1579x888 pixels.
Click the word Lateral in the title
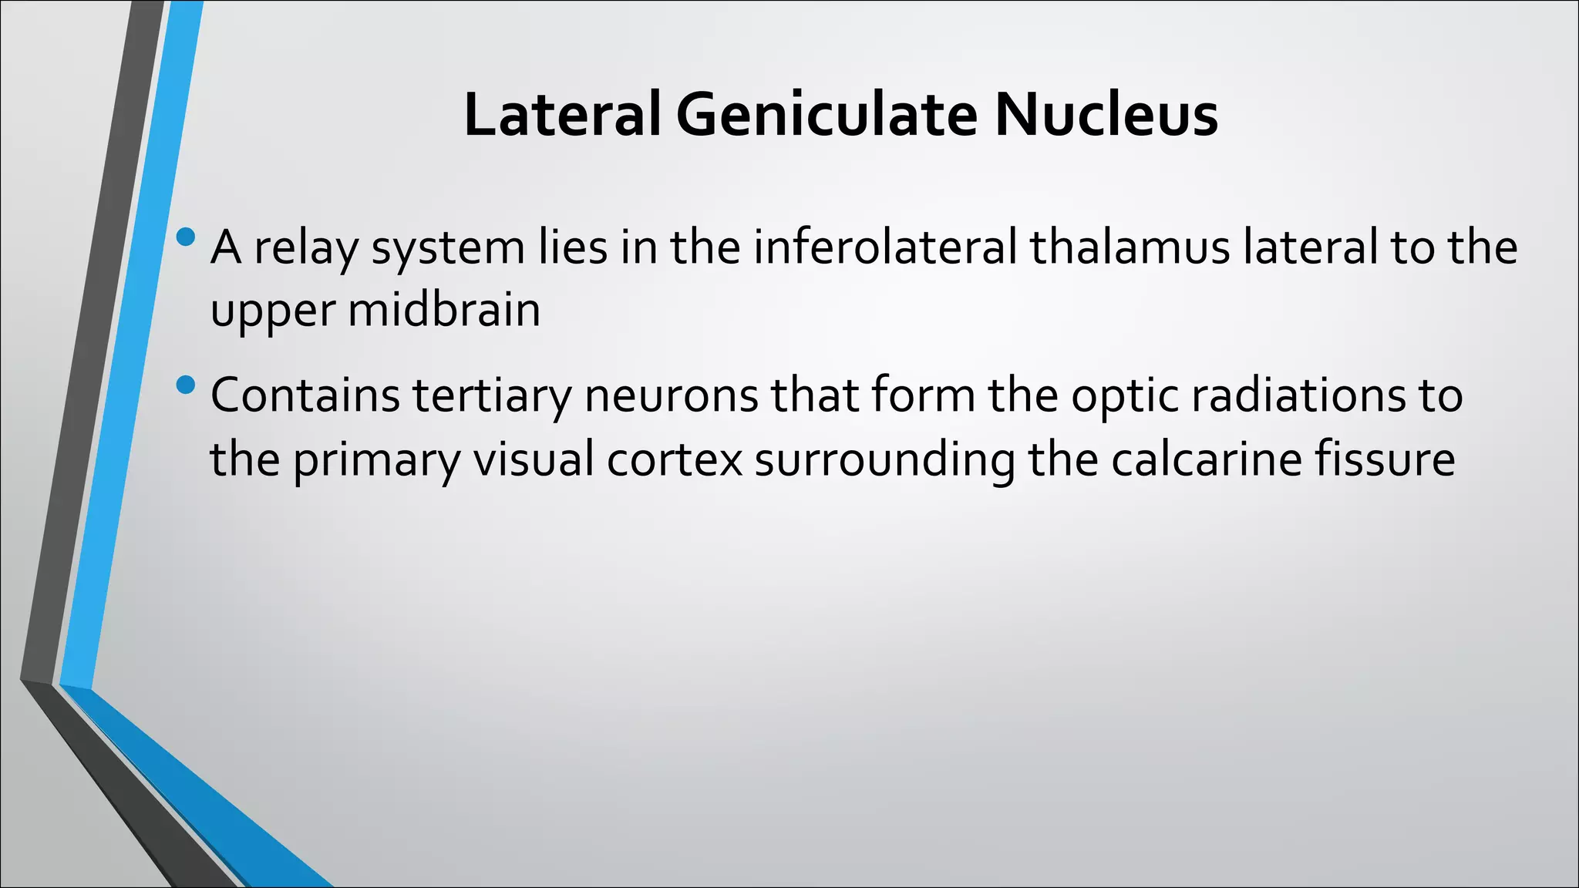pyautogui.click(x=562, y=115)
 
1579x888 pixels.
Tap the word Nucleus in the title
pyautogui.click(x=1106, y=115)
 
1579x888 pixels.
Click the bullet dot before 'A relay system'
pyautogui.click(x=186, y=237)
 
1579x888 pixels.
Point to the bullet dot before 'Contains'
pyautogui.click(x=186, y=384)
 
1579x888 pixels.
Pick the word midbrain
pyautogui.click(x=444, y=310)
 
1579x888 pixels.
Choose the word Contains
pyautogui.click(x=305, y=395)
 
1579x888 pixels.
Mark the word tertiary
pyautogui.click(x=492, y=396)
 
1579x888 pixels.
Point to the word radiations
pyautogui.click(x=1299, y=395)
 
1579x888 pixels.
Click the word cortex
pyautogui.click(x=675, y=459)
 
